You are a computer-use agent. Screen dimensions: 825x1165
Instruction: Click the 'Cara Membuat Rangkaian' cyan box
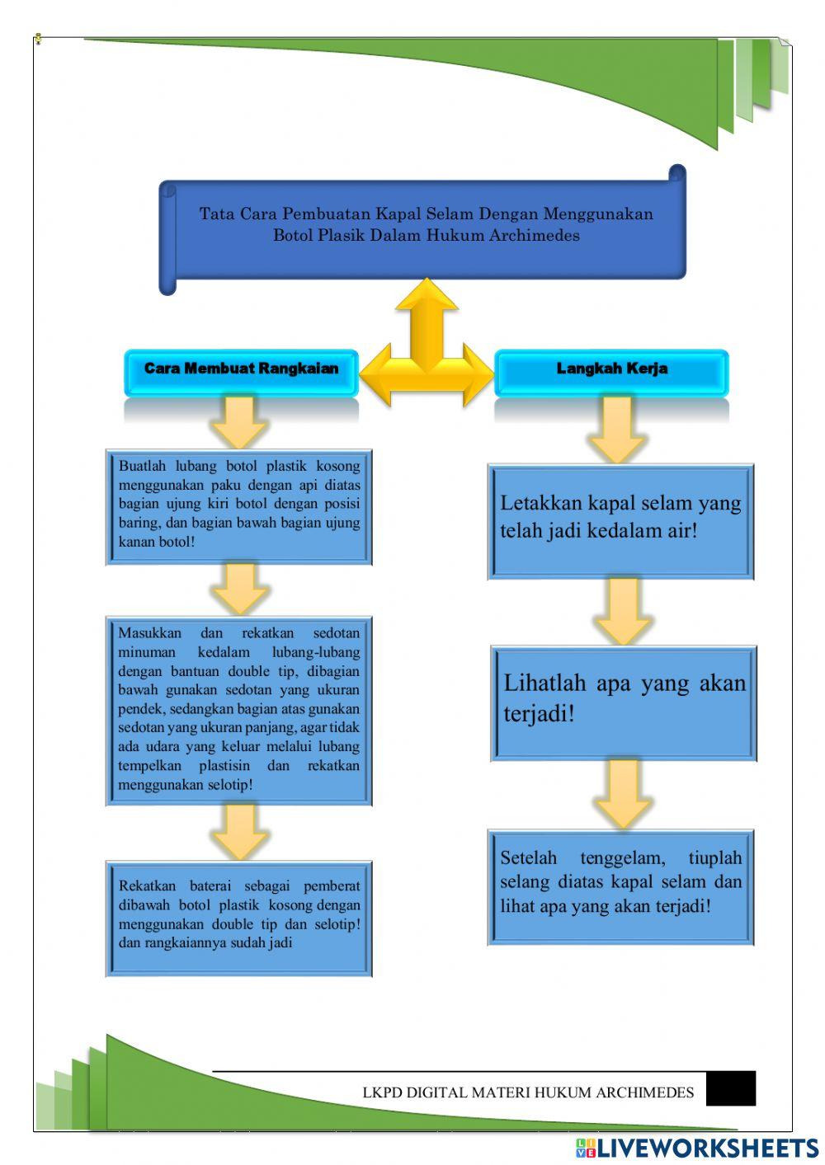[241, 370]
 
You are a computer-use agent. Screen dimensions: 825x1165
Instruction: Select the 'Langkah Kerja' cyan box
[611, 370]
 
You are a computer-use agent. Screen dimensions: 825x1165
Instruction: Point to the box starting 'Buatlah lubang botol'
[239, 505]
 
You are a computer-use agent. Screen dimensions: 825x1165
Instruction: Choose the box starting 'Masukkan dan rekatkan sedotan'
[239, 710]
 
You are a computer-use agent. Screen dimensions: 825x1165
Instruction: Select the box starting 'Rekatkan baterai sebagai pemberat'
[239, 918]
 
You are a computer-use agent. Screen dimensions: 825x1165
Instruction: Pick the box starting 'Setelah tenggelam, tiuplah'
[620, 886]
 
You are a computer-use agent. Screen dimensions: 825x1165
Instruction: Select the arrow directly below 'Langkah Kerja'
[616, 429]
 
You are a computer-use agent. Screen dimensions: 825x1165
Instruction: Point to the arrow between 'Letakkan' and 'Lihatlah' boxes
[623, 611]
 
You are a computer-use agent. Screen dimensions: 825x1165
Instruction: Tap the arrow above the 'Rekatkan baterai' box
[239, 831]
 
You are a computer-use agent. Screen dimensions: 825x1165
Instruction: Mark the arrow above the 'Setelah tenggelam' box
[623, 794]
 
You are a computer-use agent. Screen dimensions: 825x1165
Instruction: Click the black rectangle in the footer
[731, 1088]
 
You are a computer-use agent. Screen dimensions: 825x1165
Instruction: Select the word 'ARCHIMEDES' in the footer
[644, 1093]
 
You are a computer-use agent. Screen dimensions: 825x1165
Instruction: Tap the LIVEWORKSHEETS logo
[697, 1148]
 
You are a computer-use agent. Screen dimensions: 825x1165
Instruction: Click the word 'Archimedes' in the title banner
[534, 236]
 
